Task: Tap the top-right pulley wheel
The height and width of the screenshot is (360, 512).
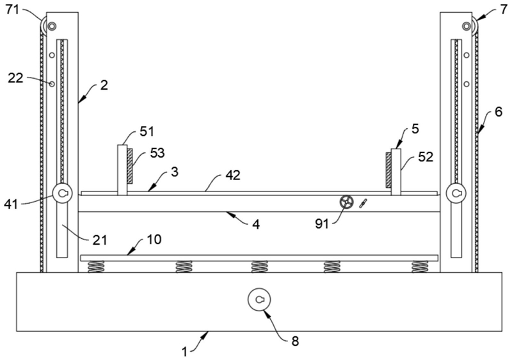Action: click(x=470, y=26)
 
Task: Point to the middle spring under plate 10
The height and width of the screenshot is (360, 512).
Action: click(x=259, y=266)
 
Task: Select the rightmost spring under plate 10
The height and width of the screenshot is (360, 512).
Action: click(x=420, y=266)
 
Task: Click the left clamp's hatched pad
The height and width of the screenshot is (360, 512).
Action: click(x=131, y=165)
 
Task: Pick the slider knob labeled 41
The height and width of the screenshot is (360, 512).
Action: click(x=63, y=193)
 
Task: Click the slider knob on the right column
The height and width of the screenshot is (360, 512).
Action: click(x=457, y=193)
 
